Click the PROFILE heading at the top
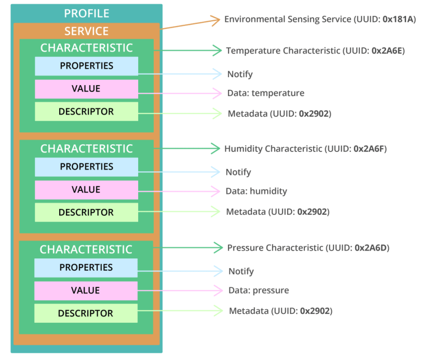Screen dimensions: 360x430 (x=86, y=13)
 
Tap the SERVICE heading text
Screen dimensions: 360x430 (x=86, y=31)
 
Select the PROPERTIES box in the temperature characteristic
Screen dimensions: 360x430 (x=86, y=66)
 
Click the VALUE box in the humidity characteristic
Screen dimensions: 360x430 (x=86, y=190)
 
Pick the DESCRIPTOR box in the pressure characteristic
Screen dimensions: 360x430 (x=86, y=313)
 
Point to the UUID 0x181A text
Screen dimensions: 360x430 (x=400, y=20)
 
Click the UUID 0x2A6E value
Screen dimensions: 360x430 (x=388, y=51)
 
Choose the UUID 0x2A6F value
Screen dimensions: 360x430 (x=370, y=149)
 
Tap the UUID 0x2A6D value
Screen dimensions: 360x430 (x=372, y=248)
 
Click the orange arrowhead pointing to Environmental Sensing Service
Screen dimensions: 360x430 (x=216, y=20)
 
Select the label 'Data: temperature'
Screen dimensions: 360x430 (x=265, y=93)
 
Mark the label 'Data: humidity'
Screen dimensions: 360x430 (x=256, y=191)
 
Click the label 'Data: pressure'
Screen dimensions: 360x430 (x=259, y=290)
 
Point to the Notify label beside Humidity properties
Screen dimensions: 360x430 (x=238, y=172)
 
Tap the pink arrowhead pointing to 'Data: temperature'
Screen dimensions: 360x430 (x=217, y=93)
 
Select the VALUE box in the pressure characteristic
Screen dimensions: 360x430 (x=86, y=290)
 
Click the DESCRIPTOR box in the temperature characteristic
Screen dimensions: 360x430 (x=86, y=112)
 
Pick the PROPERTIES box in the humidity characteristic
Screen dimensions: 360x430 (x=86, y=167)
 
